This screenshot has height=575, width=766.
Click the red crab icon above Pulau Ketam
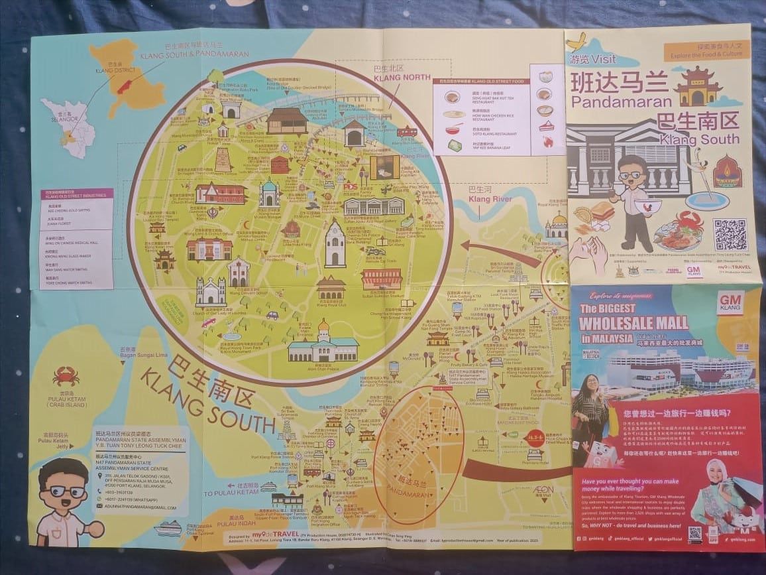tap(66, 376)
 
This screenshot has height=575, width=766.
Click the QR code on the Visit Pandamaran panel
tap(730, 234)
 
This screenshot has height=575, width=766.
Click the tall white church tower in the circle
tap(335, 243)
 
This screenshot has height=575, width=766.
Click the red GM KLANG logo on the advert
tap(730, 304)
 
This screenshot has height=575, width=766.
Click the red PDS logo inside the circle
tap(350, 186)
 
